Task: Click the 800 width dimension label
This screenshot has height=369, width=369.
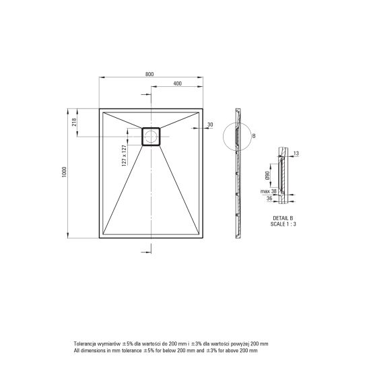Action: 149,74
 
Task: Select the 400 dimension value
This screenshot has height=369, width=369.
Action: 178,83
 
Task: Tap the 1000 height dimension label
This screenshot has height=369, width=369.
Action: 64,172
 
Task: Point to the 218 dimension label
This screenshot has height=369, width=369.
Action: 74,122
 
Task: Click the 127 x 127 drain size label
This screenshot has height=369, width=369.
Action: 124,156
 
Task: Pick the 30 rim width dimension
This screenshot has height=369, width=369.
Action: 210,125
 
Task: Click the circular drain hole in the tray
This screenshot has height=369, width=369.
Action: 151,137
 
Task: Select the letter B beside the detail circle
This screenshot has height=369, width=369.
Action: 254,136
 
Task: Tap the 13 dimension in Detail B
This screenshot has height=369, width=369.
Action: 296,154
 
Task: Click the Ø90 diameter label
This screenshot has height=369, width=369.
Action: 267,176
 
